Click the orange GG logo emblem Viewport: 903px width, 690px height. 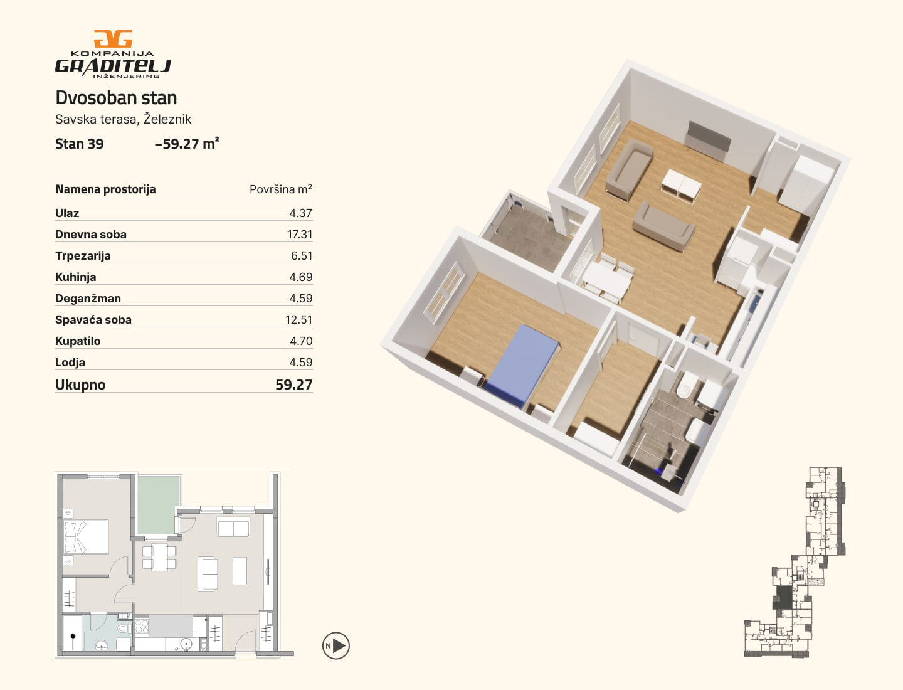tap(113, 39)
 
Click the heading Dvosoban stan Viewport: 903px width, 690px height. tap(116, 98)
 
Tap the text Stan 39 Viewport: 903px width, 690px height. tap(80, 144)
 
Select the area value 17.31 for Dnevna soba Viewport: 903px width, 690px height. tap(300, 235)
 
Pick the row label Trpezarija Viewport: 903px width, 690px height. tap(83, 256)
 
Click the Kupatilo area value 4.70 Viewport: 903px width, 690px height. tap(301, 341)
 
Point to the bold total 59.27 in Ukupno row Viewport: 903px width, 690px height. tap(293, 385)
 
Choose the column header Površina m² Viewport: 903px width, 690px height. tap(280, 189)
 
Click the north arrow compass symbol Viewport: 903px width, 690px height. tap(335, 645)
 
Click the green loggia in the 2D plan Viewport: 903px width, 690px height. tap(159, 505)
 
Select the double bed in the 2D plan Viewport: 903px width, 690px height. tap(86, 537)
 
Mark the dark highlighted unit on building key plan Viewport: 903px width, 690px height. tap(782, 597)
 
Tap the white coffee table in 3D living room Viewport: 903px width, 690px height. tap(681, 186)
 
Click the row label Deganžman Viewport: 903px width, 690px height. tap(88, 299)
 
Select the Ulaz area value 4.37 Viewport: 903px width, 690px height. tap(301, 213)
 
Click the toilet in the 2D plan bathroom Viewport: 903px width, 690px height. tap(124, 629)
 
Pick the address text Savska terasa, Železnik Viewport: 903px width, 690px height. tap(124, 119)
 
